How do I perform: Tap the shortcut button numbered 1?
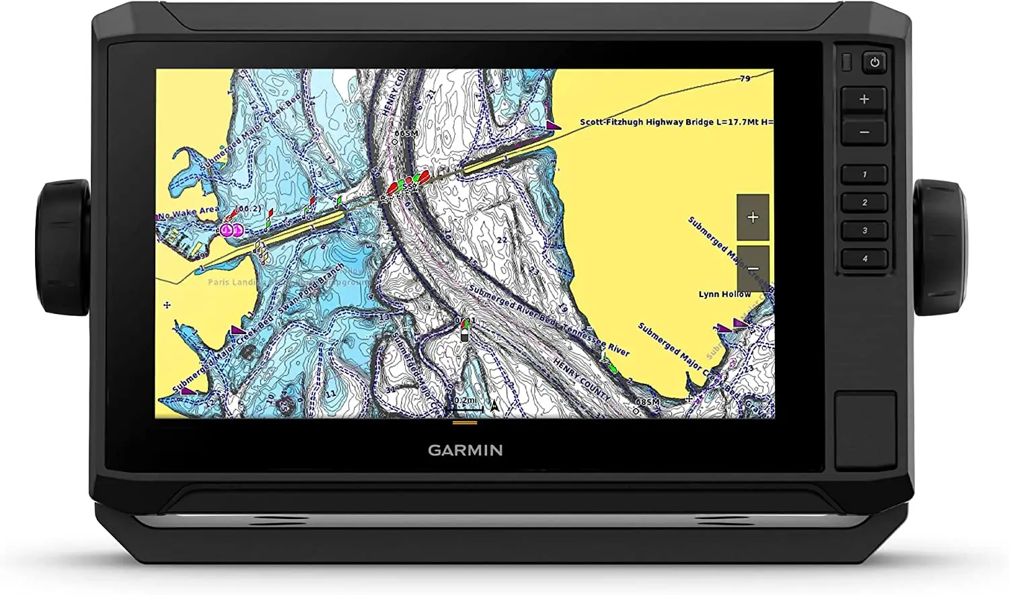click(864, 174)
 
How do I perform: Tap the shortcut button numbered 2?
click(864, 202)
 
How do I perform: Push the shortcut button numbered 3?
click(864, 231)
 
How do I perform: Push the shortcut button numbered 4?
click(864, 259)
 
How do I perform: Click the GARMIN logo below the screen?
click(465, 450)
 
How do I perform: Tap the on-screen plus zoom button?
click(753, 217)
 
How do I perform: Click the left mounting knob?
click(63, 247)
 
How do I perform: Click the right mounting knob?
click(939, 247)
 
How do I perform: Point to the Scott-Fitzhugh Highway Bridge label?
click(675, 122)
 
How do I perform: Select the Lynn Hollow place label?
click(724, 294)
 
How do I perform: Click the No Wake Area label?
click(188, 213)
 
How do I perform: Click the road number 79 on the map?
click(745, 79)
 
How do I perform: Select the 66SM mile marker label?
click(406, 134)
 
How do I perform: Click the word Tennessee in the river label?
click(582, 333)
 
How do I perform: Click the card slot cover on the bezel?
click(865, 430)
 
